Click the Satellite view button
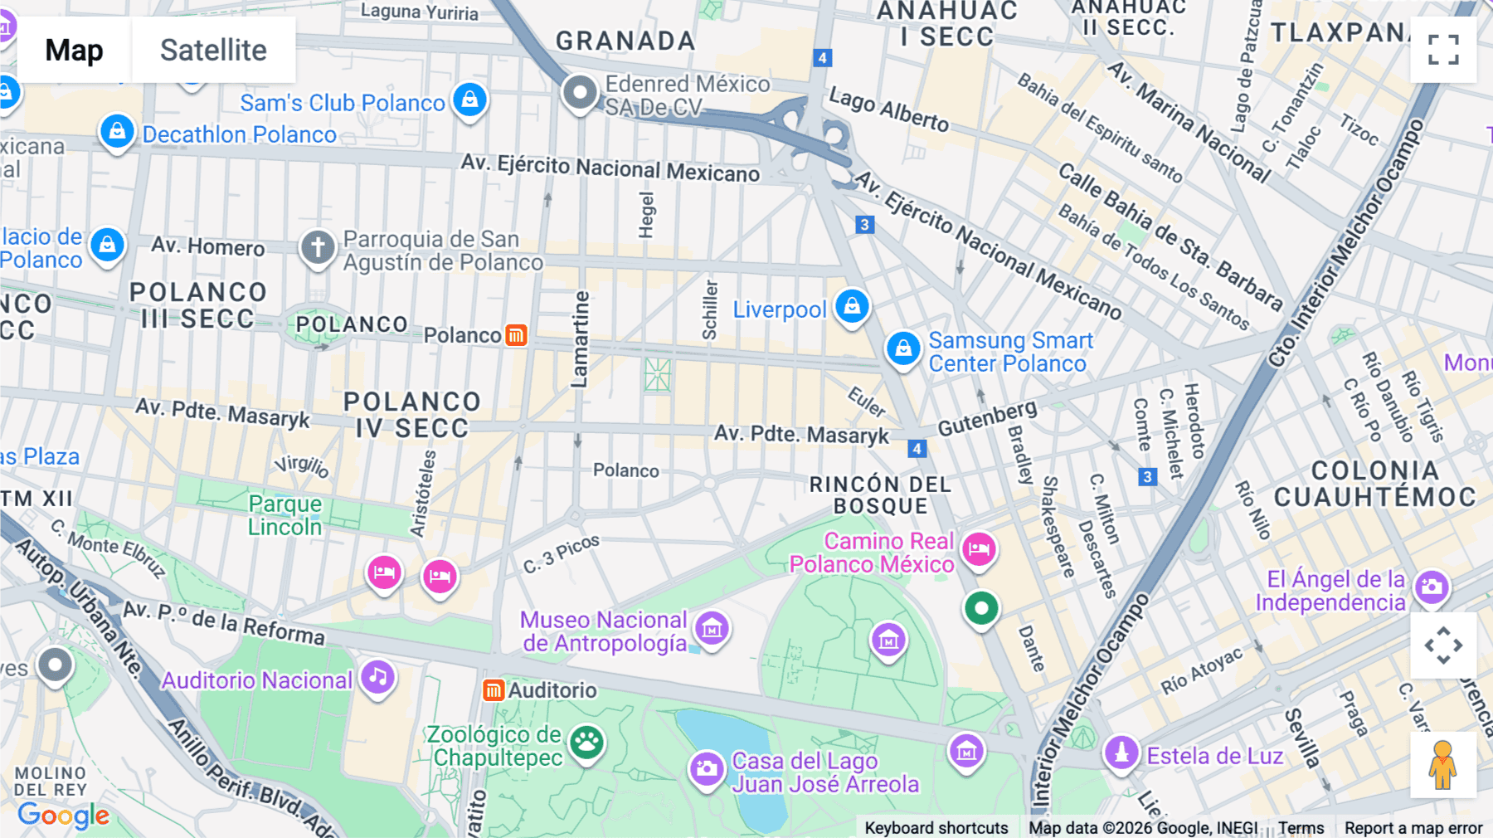click(x=213, y=51)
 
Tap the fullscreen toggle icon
click(x=1443, y=50)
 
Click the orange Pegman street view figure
click(x=1443, y=765)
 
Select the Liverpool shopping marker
click(x=851, y=307)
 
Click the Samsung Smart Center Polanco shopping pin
click(x=903, y=349)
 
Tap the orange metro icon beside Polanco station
click(x=516, y=335)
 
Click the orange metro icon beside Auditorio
click(x=494, y=690)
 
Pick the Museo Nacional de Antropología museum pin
click(x=712, y=629)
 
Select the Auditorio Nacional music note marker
click(x=378, y=678)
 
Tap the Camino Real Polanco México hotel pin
click(x=979, y=549)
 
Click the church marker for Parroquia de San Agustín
click(x=318, y=246)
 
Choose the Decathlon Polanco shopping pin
click(x=117, y=132)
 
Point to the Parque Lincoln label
click(x=284, y=515)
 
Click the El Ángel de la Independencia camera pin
click(x=1432, y=587)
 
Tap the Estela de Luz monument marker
click(x=1121, y=753)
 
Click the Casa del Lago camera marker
click(x=707, y=768)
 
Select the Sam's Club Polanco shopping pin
click(x=469, y=100)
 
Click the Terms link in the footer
click(x=1301, y=828)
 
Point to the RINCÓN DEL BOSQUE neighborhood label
click(x=880, y=495)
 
